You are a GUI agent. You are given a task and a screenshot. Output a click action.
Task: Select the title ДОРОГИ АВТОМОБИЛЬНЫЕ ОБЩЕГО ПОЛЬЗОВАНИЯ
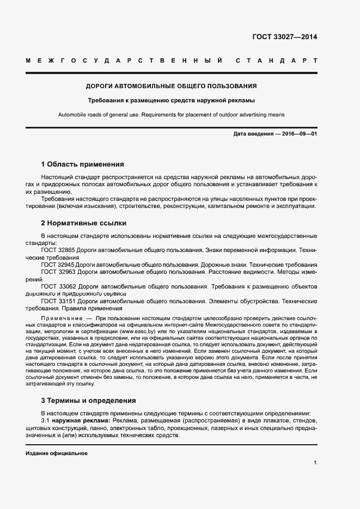(172, 86)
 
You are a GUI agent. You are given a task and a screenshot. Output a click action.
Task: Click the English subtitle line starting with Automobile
(172, 114)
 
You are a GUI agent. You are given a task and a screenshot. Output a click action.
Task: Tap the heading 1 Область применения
(83, 164)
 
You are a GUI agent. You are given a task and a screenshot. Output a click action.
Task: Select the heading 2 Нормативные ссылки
(84, 223)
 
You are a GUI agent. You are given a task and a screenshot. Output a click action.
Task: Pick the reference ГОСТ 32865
(58, 250)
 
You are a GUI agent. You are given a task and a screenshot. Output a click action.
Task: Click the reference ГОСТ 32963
(58, 271)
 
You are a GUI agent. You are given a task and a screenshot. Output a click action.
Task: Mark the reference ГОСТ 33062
(58, 286)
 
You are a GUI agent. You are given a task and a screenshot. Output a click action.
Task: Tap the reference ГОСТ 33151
(58, 301)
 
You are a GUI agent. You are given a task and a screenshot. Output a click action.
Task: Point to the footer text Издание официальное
(57, 453)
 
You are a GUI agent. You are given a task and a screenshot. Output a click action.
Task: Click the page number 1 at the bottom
(315, 463)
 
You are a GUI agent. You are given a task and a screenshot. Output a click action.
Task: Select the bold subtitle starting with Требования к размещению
(172, 100)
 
